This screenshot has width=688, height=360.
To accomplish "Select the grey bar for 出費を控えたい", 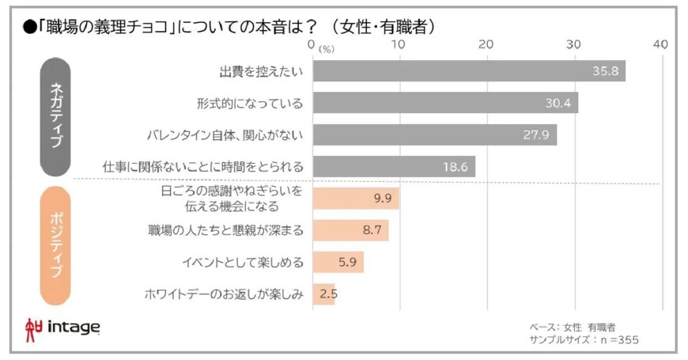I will pos(469,71).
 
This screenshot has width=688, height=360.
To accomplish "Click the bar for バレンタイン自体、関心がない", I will pos(434,135).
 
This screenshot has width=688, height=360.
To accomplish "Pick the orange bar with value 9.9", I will pos(356,199).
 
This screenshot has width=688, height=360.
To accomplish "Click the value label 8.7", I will pos(372,230).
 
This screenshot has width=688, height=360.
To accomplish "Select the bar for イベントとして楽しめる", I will pos(338,262).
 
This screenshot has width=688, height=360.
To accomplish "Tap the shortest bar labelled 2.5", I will pos(323,294).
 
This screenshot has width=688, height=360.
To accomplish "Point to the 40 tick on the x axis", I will pos(660,44).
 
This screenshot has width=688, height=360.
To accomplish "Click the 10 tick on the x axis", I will pos(399,44).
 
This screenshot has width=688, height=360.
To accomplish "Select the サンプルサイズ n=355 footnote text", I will pos(584,339).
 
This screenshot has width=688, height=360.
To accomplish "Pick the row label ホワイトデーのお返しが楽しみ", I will pos(224,294).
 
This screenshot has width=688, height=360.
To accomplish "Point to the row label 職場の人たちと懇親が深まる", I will pos(225,230).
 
